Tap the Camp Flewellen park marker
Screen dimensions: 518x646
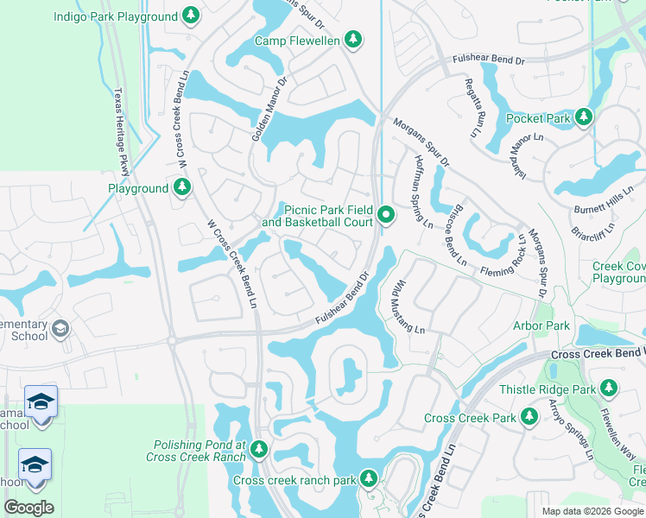(352, 39)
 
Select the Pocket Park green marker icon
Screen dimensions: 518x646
(585, 117)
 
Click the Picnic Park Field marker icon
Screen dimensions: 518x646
(385, 215)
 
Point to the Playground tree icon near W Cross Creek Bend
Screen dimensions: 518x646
(181, 187)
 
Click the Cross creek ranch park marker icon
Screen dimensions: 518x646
(369, 478)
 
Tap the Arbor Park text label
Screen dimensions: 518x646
(541, 325)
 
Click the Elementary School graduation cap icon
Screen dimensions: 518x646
(60, 328)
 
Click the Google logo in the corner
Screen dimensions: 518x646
(28, 507)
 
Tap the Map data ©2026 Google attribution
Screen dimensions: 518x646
(592, 511)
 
